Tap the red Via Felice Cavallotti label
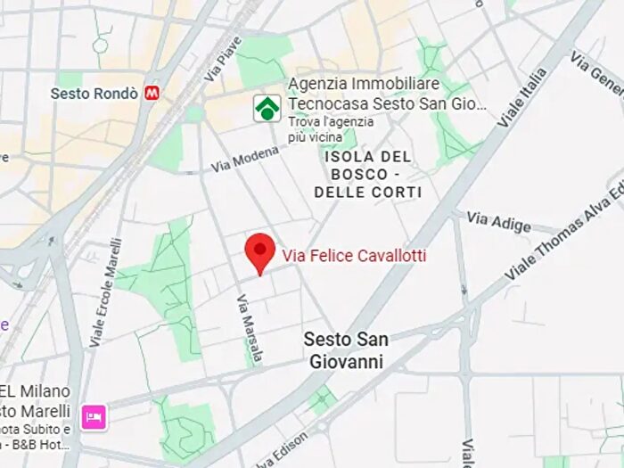pos(354,257)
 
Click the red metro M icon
pos(153,92)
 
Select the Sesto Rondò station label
pos(94,93)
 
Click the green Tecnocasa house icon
pos(267,108)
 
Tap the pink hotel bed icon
pos(94,416)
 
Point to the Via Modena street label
pos(244,160)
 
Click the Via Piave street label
pos(222,60)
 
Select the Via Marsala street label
pos(250,327)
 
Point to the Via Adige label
pos(498,222)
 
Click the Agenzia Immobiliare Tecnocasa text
pos(387,94)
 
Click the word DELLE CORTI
pos(367,192)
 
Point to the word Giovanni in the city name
pos(345,362)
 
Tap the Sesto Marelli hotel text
pos(36,411)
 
